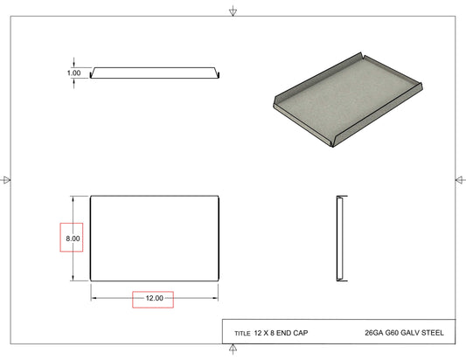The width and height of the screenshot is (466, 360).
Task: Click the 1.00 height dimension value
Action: [73, 73]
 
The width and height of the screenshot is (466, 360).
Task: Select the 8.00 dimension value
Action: [73, 239]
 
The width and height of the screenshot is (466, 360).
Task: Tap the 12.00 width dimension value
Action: [155, 298]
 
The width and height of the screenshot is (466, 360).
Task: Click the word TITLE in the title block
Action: [242, 334]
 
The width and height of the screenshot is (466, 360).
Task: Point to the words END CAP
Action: [292, 333]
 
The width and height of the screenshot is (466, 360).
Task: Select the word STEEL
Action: [433, 333]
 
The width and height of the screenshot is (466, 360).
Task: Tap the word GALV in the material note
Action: [410, 333]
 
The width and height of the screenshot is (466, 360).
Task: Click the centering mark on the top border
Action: [233, 11]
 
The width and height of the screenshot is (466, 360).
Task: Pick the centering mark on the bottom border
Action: [233, 349]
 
